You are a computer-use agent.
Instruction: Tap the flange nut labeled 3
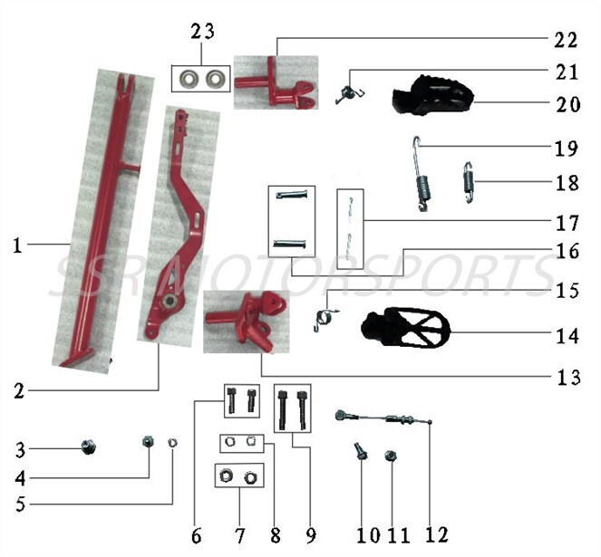coord(89,446)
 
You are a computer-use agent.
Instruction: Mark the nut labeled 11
coord(391,456)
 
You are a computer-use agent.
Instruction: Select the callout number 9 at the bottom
coord(310,535)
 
